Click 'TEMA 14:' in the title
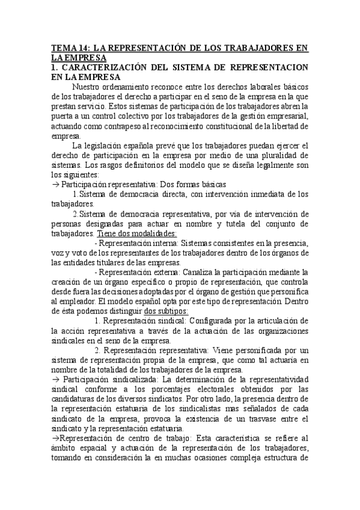click(x=70, y=48)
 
